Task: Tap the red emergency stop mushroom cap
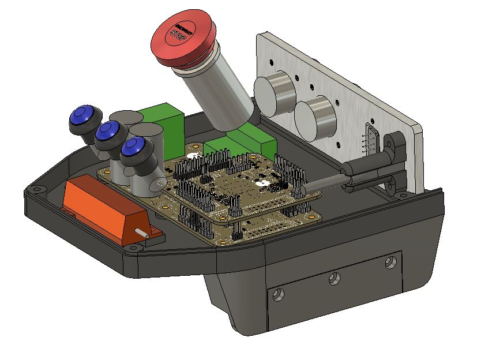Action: [183, 43]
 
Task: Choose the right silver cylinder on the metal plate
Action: [314, 118]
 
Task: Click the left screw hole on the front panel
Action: [279, 295]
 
